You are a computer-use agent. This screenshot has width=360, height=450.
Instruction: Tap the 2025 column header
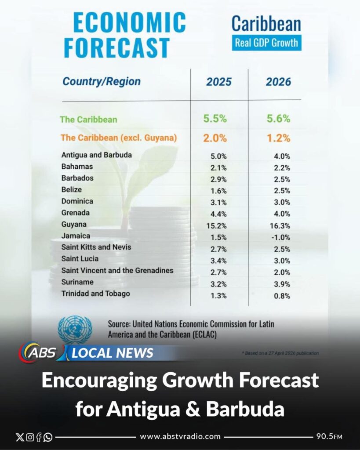click(x=219, y=82)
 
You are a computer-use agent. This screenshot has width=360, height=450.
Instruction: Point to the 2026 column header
click(x=278, y=82)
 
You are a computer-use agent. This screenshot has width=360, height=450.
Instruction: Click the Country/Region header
click(x=102, y=81)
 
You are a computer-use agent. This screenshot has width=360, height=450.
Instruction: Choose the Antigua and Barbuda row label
click(x=97, y=155)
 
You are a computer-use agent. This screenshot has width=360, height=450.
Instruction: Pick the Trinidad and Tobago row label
click(x=96, y=294)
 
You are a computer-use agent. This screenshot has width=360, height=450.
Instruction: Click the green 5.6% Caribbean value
click(x=278, y=119)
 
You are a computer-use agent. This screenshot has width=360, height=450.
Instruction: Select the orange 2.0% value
click(x=215, y=138)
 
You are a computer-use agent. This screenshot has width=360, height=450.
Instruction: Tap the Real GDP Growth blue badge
click(x=266, y=43)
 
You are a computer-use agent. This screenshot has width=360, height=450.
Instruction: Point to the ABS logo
click(x=39, y=353)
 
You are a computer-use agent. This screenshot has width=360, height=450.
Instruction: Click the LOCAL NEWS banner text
click(x=113, y=353)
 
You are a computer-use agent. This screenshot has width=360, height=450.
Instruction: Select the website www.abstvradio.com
click(x=180, y=436)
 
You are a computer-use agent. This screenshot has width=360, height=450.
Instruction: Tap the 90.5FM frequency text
click(x=329, y=436)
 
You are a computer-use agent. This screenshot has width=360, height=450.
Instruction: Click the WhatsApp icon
click(x=48, y=437)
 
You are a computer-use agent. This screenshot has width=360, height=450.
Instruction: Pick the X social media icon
click(x=19, y=437)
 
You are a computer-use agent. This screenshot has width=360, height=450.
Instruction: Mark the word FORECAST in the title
click(x=117, y=47)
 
